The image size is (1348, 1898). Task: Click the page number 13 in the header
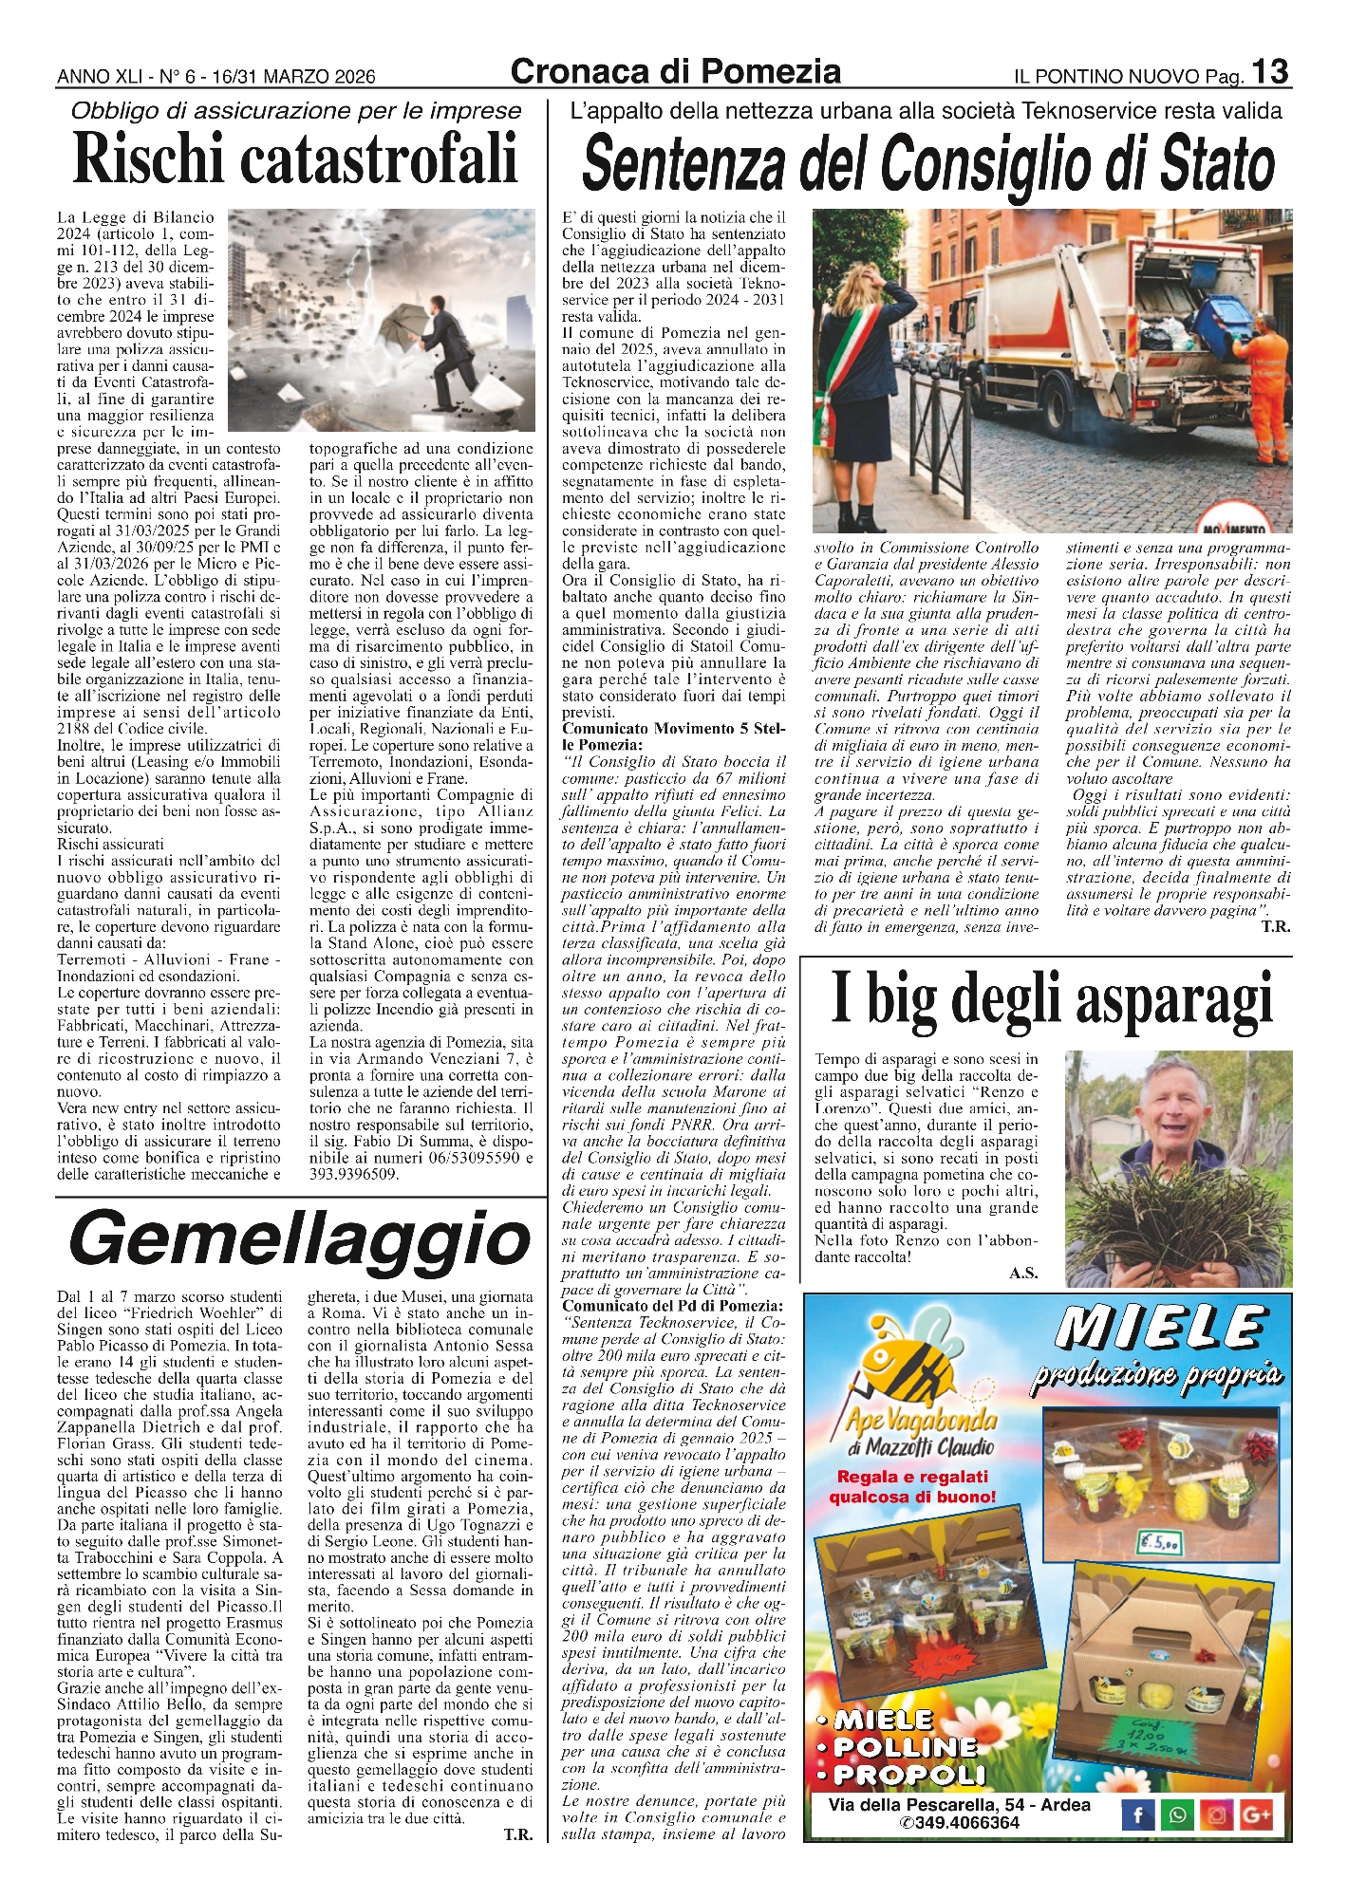point(1270,72)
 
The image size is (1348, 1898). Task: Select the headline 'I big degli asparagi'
point(1051,999)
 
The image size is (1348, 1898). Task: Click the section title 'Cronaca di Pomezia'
point(675,71)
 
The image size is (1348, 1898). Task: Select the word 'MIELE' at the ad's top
point(1162,1327)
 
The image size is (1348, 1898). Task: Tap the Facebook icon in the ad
point(1137,1815)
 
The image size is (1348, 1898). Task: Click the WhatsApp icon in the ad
point(1177,1815)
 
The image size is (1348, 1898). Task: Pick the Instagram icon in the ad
point(1217,1815)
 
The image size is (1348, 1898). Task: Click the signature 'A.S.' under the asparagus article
point(1023,1274)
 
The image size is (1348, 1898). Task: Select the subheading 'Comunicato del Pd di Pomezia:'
point(673,1307)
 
